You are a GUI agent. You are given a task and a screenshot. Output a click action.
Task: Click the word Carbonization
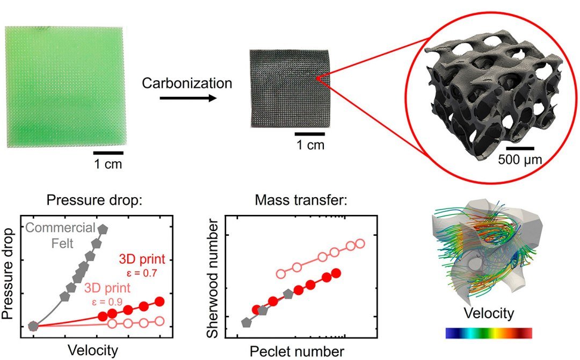[187, 83]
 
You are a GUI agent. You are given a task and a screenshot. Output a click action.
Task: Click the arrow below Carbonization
[188, 98]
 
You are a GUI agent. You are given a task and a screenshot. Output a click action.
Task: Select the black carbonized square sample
[289, 89]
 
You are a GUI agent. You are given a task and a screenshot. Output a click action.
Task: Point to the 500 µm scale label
[520, 160]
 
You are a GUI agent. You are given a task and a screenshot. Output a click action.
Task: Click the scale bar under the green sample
[108, 153]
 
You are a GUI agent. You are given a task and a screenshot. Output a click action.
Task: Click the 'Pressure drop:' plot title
[95, 200]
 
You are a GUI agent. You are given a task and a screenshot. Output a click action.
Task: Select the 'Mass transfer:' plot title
[301, 200]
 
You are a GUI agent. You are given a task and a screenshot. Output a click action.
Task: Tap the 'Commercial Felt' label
[61, 235]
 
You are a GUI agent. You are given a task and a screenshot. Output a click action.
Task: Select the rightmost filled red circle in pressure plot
[160, 301]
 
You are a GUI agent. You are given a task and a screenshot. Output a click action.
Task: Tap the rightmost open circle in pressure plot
[160, 321]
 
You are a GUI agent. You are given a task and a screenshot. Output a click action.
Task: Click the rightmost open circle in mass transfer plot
[360, 244]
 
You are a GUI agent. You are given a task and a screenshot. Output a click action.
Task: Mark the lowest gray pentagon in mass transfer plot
[245, 322]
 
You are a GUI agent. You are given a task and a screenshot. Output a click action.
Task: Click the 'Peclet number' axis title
[297, 351]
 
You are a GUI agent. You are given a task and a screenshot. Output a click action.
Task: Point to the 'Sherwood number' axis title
[213, 278]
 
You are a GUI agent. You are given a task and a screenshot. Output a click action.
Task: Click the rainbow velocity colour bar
[489, 333]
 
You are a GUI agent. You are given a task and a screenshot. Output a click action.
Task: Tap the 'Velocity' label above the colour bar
[489, 313]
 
